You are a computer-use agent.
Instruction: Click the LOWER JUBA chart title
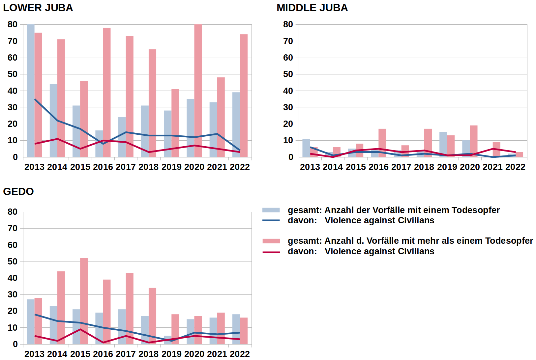[x=38, y=8]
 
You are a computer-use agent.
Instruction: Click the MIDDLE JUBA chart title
[x=312, y=8]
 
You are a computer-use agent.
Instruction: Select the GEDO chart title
[x=18, y=191]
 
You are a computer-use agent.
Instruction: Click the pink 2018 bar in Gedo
[x=152, y=316]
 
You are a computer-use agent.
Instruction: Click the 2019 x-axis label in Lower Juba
[x=171, y=167]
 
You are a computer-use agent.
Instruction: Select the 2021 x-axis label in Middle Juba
[x=492, y=167]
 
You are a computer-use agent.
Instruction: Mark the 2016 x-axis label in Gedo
[x=103, y=354]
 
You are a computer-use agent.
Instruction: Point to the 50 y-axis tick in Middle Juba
[x=288, y=74]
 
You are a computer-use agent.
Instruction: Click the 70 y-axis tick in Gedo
[x=13, y=228]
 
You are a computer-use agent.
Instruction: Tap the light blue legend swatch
[x=271, y=210]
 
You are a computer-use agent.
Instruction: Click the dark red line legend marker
[x=271, y=252]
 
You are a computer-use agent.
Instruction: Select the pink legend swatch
[x=271, y=241]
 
